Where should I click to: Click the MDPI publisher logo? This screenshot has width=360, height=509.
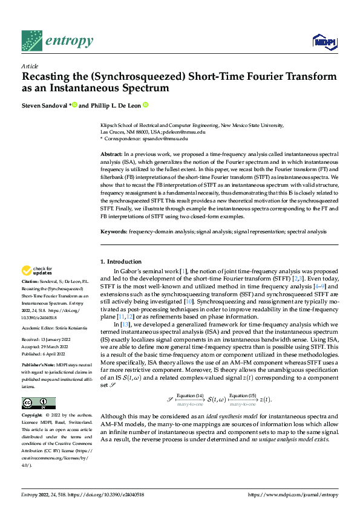click(324, 41)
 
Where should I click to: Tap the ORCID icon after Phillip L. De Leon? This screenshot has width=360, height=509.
click(146, 105)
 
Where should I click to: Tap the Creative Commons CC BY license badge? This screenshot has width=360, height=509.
click(39, 403)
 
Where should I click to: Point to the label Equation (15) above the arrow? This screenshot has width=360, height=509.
click(243, 395)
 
